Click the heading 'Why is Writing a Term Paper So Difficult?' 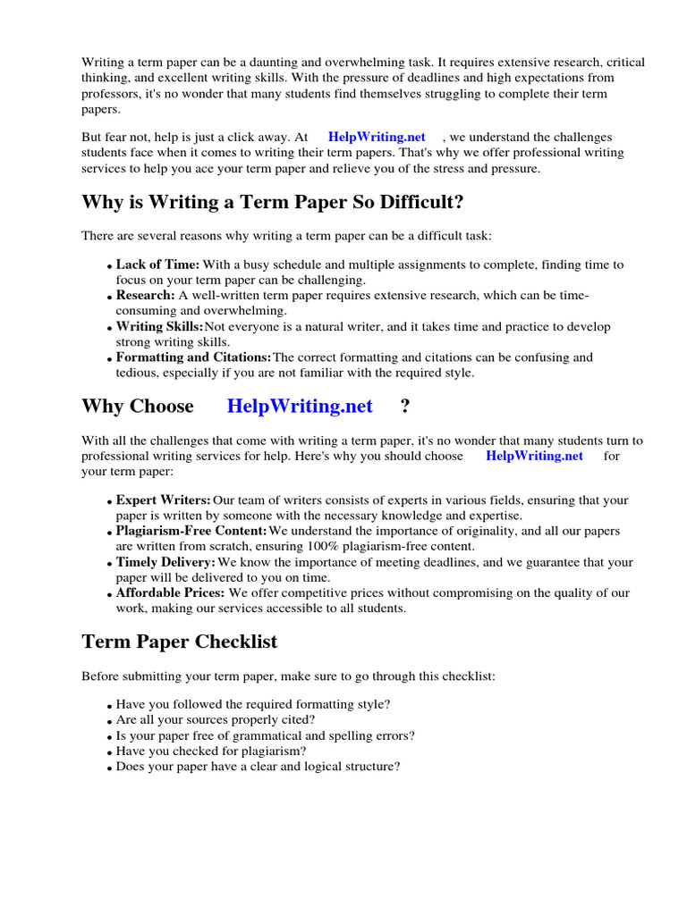coord(273,203)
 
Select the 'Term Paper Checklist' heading coord(180,642)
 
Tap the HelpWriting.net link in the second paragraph coord(377,137)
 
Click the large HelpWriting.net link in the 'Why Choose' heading coord(300,406)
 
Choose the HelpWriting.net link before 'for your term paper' coord(534,456)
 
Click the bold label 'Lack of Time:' coord(158,265)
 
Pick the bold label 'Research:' coord(146,296)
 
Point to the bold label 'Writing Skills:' coord(159,327)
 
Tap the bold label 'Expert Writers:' coord(164,500)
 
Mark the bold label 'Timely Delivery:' coord(165,563)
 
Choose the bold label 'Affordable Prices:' coord(171,593)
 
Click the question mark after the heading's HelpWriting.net coord(405,406)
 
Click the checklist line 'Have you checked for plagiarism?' coord(211,751)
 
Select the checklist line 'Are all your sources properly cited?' coord(216,720)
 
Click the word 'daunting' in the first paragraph coord(260,63)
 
